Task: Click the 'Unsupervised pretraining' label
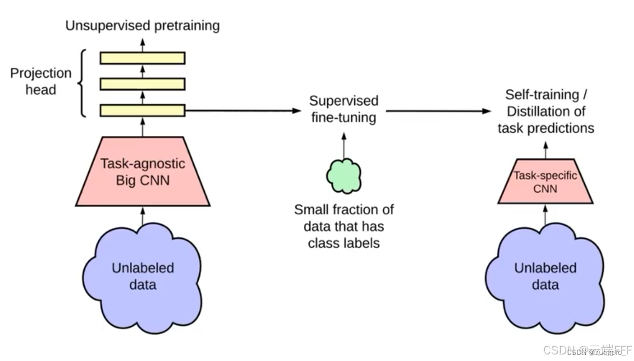(142, 25)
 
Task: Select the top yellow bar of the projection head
(142, 58)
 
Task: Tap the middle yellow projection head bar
(142, 84)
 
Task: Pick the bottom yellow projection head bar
(142, 110)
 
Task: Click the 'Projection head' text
(41, 81)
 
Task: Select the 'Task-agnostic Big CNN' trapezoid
(142, 171)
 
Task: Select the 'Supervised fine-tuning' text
(343, 109)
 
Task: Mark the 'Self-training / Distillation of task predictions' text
(545, 111)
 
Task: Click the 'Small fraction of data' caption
(343, 226)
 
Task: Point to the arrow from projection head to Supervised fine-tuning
(244, 111)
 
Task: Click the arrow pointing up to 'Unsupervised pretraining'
(142, 43)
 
